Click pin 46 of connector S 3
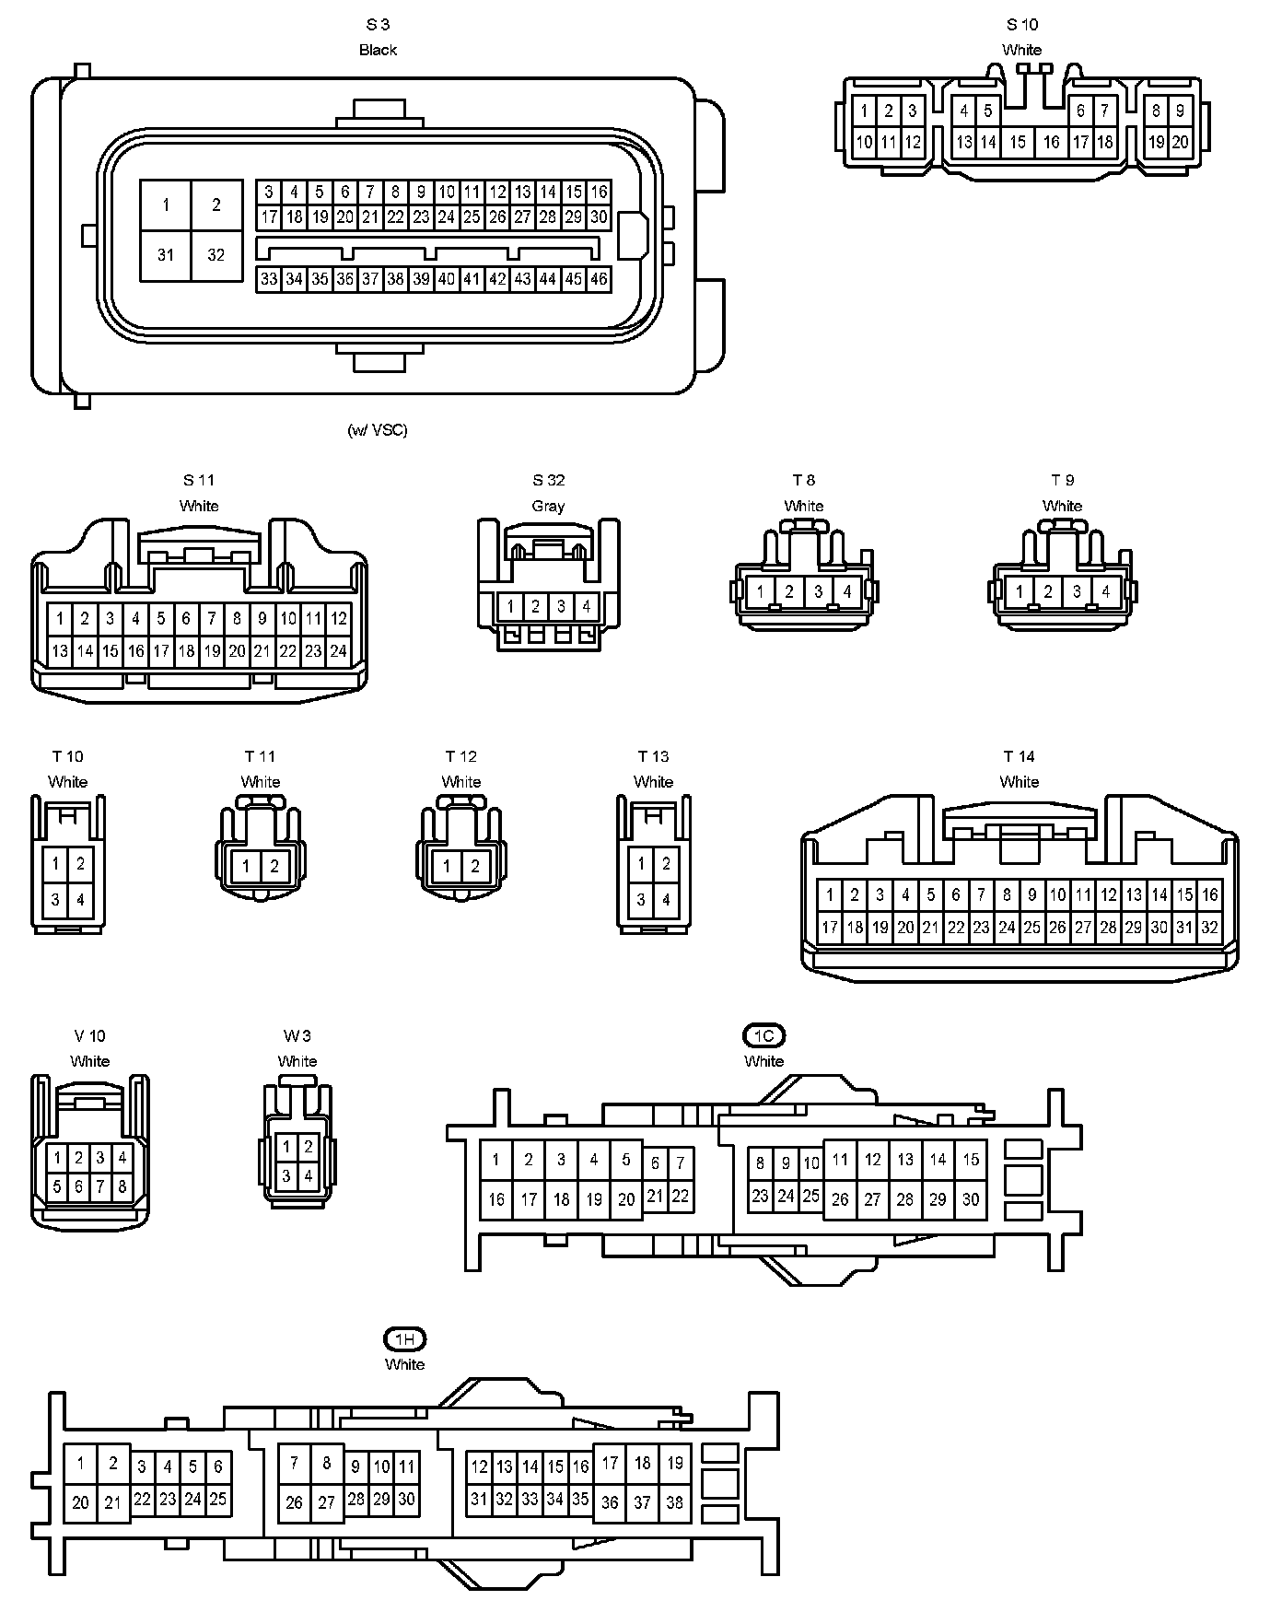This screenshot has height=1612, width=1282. point(599,279)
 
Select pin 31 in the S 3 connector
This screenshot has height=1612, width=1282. point(166,255)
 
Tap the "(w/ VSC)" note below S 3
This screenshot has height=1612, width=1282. point(378,429)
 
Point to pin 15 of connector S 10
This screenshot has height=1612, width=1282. point(1018,142)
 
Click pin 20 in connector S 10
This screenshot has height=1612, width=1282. point(1180,142)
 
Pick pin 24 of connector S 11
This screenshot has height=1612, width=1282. point(338,651)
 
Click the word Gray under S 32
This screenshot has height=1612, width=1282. point(548,506)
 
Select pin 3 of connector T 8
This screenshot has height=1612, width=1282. point(818,591)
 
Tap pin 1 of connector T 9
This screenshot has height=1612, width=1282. point(1020,591)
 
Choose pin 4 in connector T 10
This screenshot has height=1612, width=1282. point(80,899)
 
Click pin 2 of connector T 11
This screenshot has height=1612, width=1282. point(274,866)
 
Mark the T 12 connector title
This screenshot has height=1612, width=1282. point(461,756)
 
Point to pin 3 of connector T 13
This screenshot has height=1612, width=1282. point(642,899)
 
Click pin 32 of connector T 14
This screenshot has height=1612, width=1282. point(1209,928)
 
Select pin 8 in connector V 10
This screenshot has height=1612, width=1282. point(122,1186)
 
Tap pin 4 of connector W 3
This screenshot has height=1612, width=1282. point(308,1175)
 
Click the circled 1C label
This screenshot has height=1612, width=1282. point(763,1036)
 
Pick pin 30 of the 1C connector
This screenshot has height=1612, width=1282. point(971,1199)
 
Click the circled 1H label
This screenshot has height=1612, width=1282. point(404,1339)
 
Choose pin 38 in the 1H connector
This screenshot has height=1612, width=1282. point(675,1502)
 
